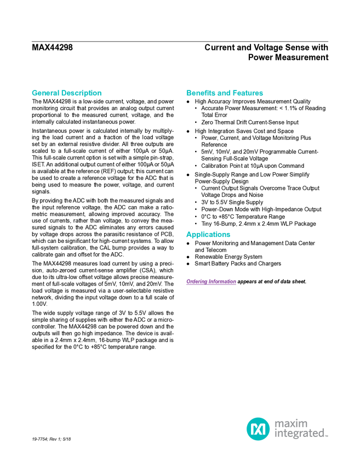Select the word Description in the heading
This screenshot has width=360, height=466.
point(82,93)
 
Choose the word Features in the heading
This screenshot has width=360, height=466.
point(248,93)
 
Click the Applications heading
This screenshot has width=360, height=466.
point(208,235)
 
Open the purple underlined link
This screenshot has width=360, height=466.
point(210,282)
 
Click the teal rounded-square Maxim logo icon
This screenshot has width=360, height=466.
point(258,429)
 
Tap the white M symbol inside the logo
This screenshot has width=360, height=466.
point(258,429)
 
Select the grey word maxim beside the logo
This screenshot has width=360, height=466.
point(292,423)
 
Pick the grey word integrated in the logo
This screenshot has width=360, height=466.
point(299,435)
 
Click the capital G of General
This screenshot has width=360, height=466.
point(33,93)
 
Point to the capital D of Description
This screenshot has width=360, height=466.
point(64,93)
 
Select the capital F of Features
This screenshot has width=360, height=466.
point(236,93)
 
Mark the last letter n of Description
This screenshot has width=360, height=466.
point(100,94)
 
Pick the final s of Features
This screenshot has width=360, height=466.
point(262,94)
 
